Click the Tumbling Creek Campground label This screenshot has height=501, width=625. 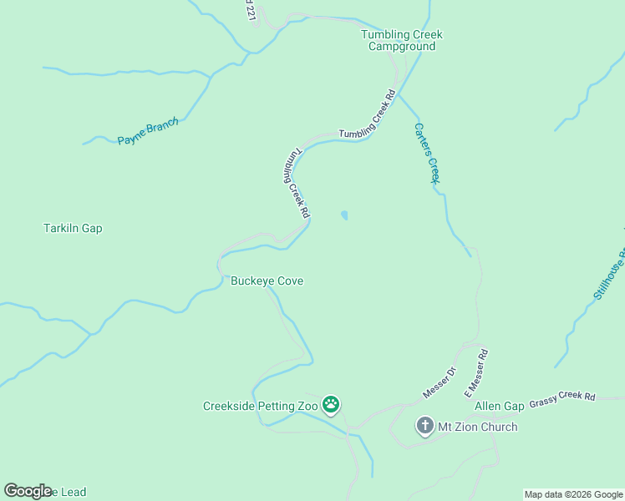(x=401, y=40)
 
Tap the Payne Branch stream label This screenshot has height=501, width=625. (x=148, y=132)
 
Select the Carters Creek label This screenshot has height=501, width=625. (x=427, y=154)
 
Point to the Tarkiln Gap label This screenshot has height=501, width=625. (x=73, y=228)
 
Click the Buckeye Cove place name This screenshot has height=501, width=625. (x=267, y=281)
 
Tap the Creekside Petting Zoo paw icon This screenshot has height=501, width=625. (x=331, y=405)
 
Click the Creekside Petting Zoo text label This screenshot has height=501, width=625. (x=261, y=407)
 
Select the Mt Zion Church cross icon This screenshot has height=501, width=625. (x=424, y=427)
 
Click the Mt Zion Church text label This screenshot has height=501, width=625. (x=478, y=427)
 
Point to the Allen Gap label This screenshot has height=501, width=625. (x=499, y=407)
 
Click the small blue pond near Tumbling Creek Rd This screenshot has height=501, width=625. (x=344, y=215)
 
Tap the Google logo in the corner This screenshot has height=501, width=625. (x=28, y=491)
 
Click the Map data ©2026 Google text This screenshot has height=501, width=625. (x=573, y=494)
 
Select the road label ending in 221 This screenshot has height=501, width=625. (x=249, y=11)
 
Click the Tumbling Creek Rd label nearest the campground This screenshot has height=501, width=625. (x=366, y=116)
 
